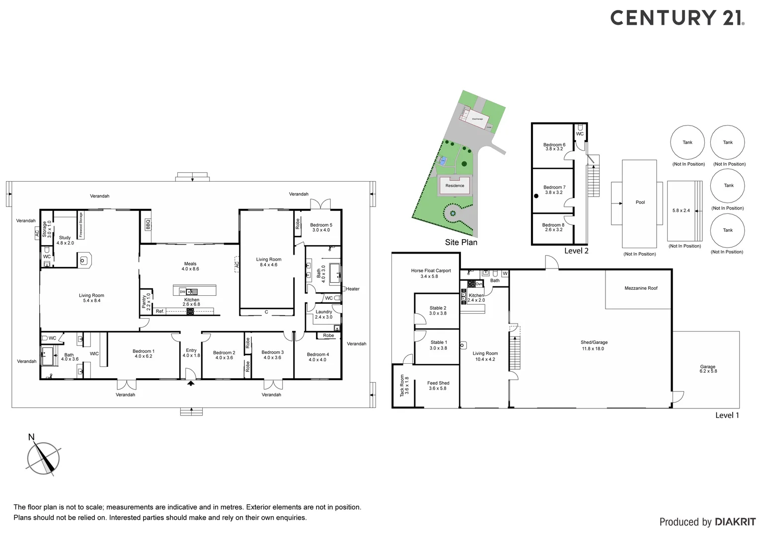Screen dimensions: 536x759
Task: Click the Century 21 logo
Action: (677, 18)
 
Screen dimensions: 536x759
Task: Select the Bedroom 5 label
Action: (321, 227)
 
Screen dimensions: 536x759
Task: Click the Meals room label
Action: (190, 266)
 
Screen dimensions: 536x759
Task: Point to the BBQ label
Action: (148, 224)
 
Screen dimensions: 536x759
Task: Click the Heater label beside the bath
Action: (353, 289)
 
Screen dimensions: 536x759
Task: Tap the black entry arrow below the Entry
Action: (191, 383)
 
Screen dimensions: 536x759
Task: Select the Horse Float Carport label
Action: (431, 273)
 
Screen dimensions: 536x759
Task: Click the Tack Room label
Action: (404, 386)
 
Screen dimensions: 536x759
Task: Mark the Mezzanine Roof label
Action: (641, 288)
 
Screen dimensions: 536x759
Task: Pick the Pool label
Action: (640, 202)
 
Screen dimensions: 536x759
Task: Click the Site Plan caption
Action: (461, 242)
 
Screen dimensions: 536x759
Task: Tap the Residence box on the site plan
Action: (455, 186)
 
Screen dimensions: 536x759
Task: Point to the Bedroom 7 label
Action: (554, 190)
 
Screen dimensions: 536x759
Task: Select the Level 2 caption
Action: (576, 251)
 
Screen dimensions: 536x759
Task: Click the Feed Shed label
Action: (438, 386)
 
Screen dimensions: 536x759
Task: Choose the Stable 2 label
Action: (438, 311)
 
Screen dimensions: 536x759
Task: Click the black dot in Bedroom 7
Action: (536, 196)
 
